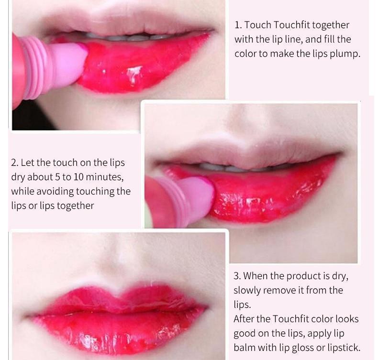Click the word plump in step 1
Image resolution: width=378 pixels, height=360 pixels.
coord(344,54)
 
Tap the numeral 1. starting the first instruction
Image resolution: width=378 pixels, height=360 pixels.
coord(238,25)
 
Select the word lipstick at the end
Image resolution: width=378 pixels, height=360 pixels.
coord(341,348)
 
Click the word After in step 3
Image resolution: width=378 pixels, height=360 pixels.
coord(245,319)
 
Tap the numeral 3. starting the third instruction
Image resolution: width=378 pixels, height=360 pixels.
coord(237,276)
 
